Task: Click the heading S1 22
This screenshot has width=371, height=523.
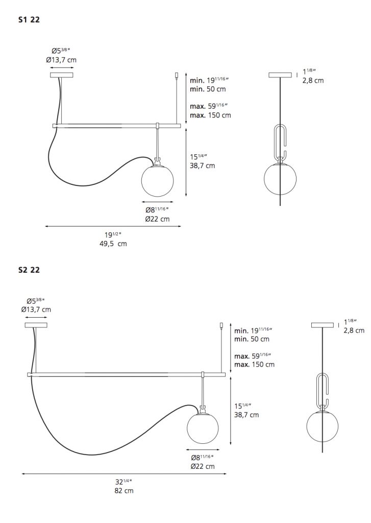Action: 29,20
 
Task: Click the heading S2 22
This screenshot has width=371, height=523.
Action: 29,270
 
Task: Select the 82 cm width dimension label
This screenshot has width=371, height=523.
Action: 124,491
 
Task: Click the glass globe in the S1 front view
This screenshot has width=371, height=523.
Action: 157,180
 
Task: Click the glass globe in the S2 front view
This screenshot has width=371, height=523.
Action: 203,428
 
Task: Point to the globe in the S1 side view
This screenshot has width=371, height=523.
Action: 280,179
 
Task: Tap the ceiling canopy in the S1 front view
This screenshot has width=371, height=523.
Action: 61,75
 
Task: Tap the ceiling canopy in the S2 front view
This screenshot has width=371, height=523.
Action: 36,325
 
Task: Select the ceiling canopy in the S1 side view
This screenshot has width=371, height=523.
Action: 280,75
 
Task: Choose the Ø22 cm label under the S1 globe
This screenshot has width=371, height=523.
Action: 157,219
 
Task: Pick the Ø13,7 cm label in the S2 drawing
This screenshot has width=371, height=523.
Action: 36,310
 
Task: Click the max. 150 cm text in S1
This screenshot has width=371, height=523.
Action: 210,115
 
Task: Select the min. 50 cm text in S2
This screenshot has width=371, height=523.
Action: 252,339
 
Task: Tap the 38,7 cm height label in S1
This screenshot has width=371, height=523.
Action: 203,165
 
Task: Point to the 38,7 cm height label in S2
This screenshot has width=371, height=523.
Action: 246,415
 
